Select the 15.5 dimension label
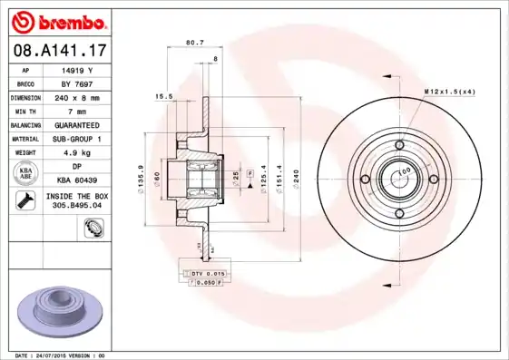(x=164, y=96)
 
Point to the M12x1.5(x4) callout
(x=448, y=92)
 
